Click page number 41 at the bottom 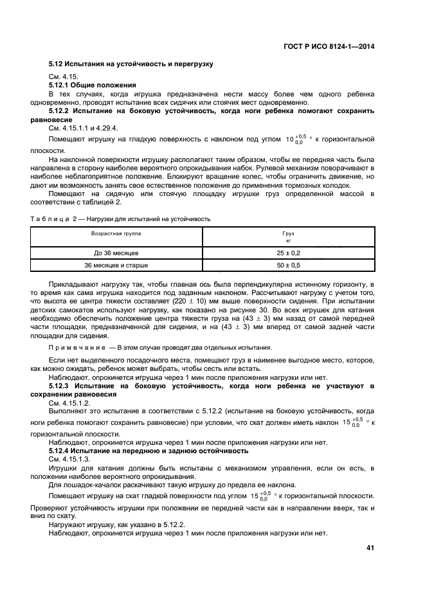[x=370, y=548]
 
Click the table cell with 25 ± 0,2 [x=288, y=253]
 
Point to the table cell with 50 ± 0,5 [x=288, y=265]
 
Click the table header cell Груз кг [x=288, y=237]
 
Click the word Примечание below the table [x=75, y=347]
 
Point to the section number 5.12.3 [x=63, y=385]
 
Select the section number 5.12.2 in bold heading [x=63, y=111]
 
